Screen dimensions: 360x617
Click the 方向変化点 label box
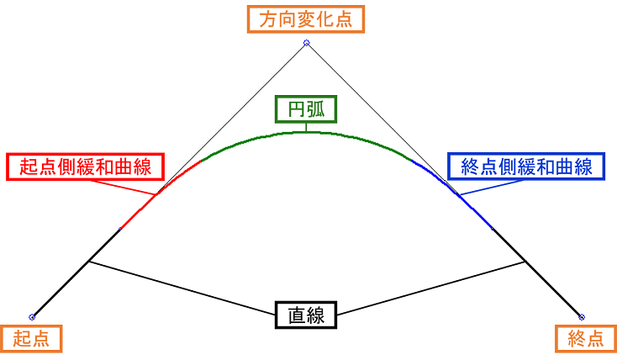[x=306, y=19]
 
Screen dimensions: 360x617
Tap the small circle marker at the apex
[x=306, y=42]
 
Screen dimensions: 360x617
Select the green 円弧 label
[x=306, y=109]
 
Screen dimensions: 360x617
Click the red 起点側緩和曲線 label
[x=85, y=167]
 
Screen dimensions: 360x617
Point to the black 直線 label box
[x=306, y=315]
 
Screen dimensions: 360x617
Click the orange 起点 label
[x=31, y=338]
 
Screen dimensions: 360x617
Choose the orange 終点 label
[x=586, y=338]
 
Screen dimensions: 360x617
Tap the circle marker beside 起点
[x=32, y=317]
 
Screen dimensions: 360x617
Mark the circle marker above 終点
[x=582, y=317]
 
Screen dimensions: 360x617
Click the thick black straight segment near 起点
[x=76, y=273]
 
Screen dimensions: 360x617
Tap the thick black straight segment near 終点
[x=538, y=273]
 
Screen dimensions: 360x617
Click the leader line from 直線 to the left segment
[x=181, y=286]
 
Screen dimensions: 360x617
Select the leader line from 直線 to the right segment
[x=433, y=286]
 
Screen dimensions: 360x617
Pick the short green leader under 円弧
[x=306, y=127]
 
